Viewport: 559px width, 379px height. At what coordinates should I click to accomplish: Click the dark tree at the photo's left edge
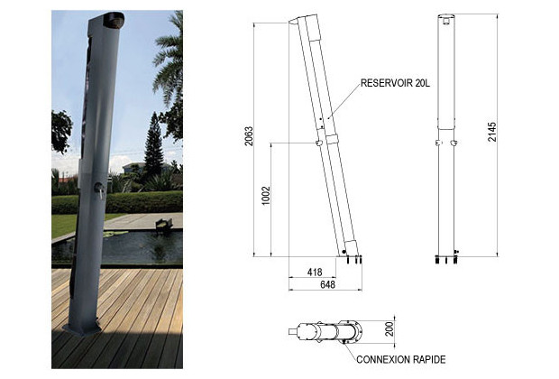click(x=60, y=131)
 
